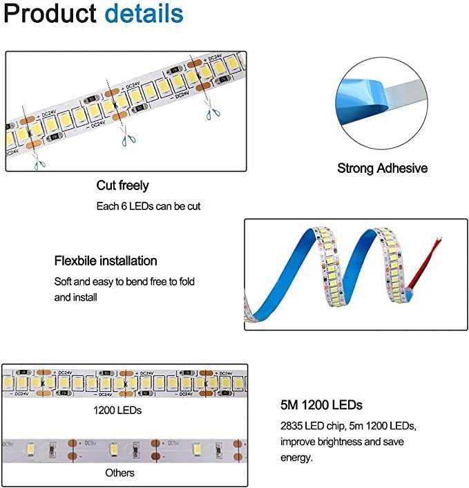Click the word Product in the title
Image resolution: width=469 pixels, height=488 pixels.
(x=50, y=14)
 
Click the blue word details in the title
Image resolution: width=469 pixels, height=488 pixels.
(x=144, y=14)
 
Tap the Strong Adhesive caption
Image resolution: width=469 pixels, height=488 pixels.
(x=382, y=168)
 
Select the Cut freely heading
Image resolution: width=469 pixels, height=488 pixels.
(x=122, y=185)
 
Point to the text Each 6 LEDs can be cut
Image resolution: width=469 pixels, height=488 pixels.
(x=148, y=206)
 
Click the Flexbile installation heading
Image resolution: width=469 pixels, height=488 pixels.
(x=106, y=261)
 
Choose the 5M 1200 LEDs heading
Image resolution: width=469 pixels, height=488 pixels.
(x=321, y=405)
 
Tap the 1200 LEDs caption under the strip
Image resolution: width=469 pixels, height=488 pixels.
(x=117, y=410)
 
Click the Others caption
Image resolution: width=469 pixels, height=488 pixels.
(x=120, y=473)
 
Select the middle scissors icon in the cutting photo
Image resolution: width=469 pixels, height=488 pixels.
(x=125, y=138)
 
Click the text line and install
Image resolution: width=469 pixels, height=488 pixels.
(x=75, y=297)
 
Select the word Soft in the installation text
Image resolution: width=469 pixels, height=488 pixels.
(x=65, y=282)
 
